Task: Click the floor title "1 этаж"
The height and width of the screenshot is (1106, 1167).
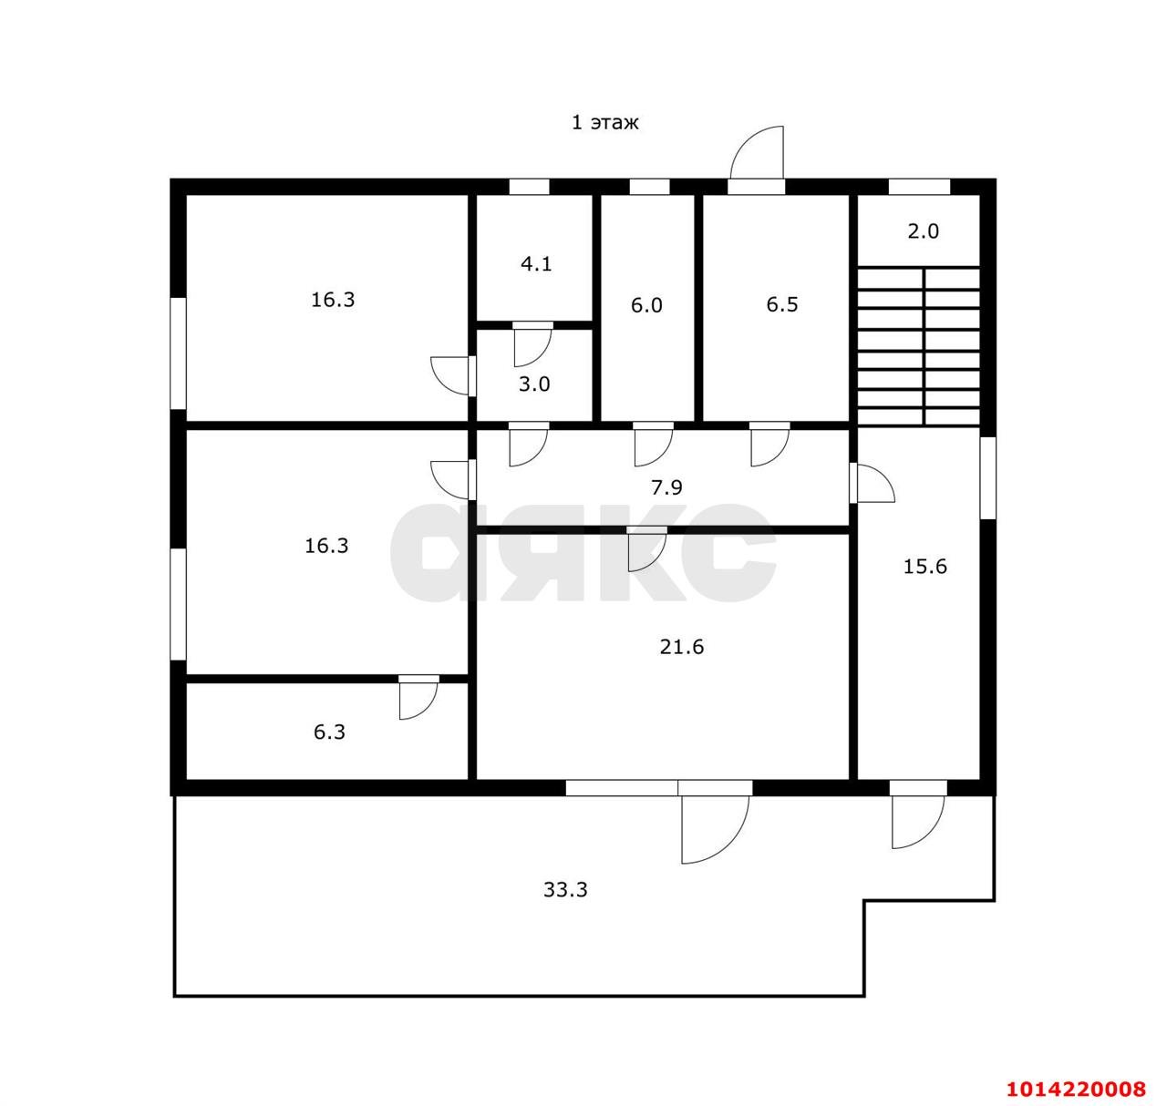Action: (604, 123)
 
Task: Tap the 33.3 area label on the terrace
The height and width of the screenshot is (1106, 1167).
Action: (565, 889)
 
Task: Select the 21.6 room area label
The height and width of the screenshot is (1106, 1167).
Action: (681, 646)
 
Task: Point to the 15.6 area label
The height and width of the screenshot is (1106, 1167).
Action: (924, 566)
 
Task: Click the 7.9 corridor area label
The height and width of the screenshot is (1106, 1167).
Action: (666, 487)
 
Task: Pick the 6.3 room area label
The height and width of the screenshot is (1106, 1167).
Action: (329, 732)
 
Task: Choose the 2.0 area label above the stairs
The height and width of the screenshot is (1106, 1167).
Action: (923, 230)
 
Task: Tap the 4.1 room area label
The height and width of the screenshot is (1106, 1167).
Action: (536, 263)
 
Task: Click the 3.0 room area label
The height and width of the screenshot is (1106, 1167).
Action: (534, 384)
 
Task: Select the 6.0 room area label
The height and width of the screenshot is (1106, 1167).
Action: (646, 305)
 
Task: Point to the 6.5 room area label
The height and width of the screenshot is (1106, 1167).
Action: (781, 304)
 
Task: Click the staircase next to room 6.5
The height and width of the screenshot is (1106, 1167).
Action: (918, 346)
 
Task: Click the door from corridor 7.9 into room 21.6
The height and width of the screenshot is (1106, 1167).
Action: (647, 548)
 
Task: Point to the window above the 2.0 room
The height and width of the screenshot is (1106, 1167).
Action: (919, 187)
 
